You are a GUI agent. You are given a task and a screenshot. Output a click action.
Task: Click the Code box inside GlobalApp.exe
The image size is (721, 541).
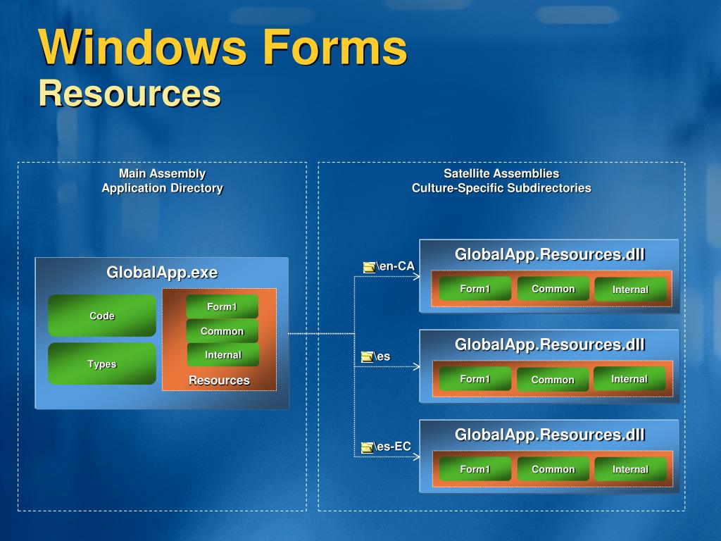[102, 316]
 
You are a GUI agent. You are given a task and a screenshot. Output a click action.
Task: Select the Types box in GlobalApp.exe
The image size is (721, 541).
[102, 363]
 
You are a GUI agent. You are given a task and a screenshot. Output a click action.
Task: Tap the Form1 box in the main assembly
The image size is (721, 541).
[222, 306]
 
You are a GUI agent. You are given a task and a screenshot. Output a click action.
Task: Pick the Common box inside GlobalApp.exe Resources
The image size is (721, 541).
[222, 331]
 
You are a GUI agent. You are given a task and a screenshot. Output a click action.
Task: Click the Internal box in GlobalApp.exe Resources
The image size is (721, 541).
[222, 355]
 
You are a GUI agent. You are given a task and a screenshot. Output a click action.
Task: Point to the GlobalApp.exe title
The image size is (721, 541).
[162, 273]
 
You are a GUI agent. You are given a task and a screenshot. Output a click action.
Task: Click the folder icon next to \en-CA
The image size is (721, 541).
[369, 267]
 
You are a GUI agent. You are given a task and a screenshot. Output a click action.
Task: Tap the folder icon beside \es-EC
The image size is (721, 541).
[367, 447]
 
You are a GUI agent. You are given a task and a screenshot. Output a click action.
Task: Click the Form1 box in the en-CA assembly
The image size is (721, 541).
[475, 289]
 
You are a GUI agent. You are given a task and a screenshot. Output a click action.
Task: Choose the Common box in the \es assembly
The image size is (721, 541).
[553, 380]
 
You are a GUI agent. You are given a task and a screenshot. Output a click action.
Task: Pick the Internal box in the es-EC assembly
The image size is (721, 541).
[630, 469]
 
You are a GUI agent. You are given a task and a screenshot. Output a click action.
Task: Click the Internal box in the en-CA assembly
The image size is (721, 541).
[630, 290]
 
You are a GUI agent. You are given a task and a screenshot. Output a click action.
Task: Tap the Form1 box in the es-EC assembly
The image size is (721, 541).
[475, 469]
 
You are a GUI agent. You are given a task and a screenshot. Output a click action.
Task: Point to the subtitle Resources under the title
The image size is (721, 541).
[130, 94]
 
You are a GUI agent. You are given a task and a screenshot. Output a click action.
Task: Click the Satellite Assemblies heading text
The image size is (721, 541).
[501, 173]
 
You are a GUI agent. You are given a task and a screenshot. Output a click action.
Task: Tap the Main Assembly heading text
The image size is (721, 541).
[162, 173]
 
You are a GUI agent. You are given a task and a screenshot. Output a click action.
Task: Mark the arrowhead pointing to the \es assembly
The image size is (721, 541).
[416, 367]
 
